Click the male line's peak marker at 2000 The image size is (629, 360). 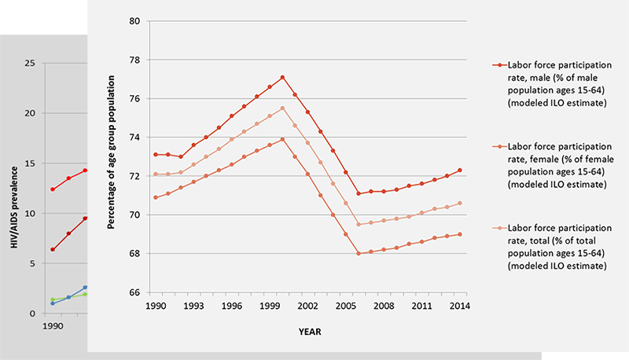[x=282, y=77]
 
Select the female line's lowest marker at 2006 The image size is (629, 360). [x=359, y=253]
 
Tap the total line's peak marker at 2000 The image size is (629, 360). [x=282, y=108]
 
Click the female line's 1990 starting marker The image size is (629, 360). [x=155, y=197]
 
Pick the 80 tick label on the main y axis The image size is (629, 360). [x=134, y=21]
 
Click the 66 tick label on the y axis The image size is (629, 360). [x=134, y=292]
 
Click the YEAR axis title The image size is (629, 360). [x=308, y=332]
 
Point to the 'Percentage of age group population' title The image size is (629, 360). [x=112, y=157]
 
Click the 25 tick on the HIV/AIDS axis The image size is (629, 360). [x=31, y=62]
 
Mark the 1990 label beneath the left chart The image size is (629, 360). [x=52, y=325]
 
